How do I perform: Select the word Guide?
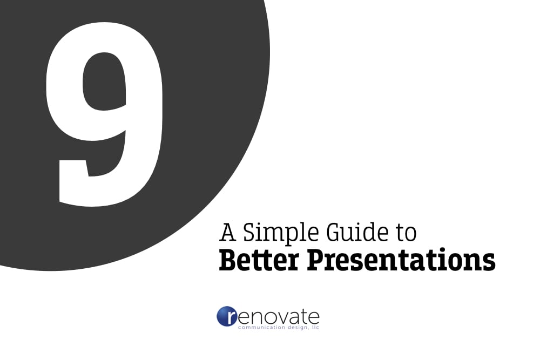(357, 232)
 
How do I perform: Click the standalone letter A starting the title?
(228, 232)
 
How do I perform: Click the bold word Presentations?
(401, 260)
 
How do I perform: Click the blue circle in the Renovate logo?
(227, 317)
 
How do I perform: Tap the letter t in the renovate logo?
(303, 316)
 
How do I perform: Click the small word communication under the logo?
(259, 328)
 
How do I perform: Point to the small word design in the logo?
(296, 328)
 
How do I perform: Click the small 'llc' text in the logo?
(315, 328)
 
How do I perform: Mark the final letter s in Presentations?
(489, 261)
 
